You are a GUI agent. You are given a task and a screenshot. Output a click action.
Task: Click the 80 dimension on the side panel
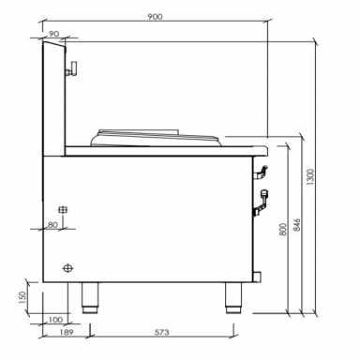pos(52,225)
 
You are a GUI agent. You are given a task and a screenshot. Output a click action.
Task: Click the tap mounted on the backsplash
pos(71,67)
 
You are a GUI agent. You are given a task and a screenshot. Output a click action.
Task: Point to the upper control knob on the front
pos(262,172)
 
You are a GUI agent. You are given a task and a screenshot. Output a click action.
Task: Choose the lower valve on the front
pos(264,197)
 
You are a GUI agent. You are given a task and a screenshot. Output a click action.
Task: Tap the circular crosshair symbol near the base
pos(67,268)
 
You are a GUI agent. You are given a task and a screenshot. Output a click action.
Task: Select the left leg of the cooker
pos(91,294)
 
